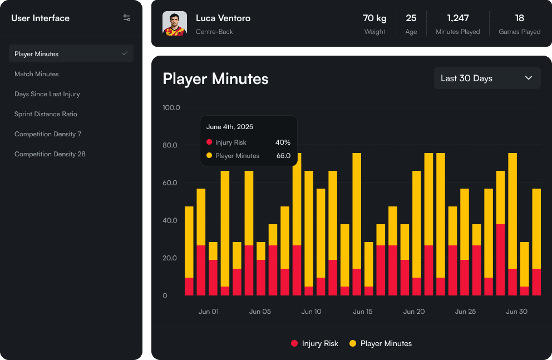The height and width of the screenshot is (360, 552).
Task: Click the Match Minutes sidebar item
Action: click(37, 74)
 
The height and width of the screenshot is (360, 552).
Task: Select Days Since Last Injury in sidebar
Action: click(47, 94)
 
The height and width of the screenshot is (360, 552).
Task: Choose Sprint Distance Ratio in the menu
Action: click(46, 114)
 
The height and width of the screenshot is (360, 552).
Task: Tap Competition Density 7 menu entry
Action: click(48, 134)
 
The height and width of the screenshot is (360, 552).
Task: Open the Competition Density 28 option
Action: click(50, 154)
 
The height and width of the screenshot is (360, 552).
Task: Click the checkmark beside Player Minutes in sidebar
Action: click(125, 53)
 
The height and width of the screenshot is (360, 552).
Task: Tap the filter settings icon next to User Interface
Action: click(127, 18)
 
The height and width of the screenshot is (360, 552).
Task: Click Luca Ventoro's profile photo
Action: click(175, 23)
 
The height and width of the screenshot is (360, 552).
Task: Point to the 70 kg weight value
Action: click(374, 18)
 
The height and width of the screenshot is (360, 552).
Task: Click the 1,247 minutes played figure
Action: click(458, 18)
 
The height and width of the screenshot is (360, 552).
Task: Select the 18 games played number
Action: click(520, 18)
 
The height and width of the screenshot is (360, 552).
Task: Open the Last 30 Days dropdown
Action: click(487, 78)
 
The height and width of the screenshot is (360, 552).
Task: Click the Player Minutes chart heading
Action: click(215, 79)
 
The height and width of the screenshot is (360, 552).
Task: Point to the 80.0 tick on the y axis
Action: click(171, 145)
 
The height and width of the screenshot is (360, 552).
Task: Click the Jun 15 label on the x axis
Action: click(362, 312)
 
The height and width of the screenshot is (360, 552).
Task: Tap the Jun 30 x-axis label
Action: click(517, 312)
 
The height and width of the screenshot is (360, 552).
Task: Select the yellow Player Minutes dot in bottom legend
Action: click(353, 343)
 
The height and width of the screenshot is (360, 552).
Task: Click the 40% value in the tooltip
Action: click(283, 142)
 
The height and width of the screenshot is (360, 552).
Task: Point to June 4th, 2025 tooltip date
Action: click(229, 127)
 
